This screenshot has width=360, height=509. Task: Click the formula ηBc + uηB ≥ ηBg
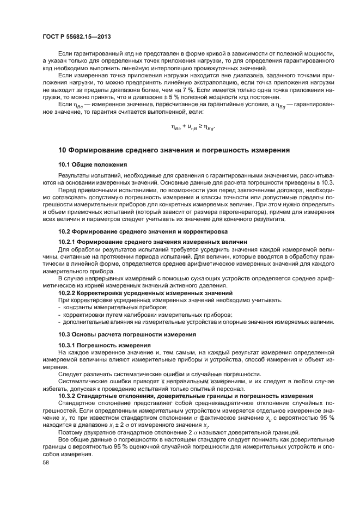click(x=193, y=128)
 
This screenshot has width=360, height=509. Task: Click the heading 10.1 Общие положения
click(x=92, y=164)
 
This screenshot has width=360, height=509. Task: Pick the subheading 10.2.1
click(x=152, y=241)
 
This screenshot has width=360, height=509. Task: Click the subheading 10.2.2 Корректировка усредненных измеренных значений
click(x=145, y=293)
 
